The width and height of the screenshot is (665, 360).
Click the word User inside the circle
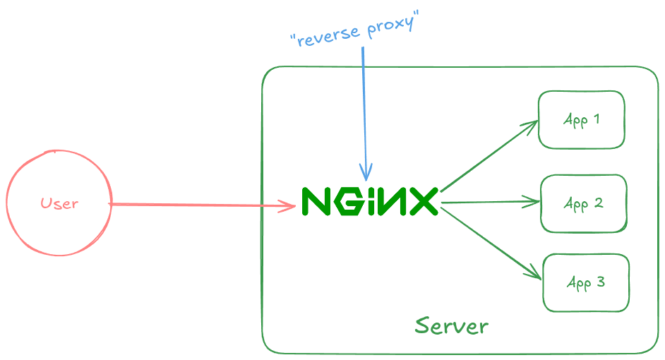click(x=59, y=204)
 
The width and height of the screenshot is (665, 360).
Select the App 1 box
click(x=581, y=119)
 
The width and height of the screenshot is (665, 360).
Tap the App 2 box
click(x=583, y=204)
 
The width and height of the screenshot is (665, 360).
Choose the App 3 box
click(x=585, y=283)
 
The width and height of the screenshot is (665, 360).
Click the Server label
click(x=452, y=326)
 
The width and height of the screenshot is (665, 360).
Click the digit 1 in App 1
click(x=597, y=119)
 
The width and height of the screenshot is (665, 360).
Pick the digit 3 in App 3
click(x=600, y=282)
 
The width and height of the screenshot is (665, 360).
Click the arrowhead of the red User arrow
click(x=289, y=206)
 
